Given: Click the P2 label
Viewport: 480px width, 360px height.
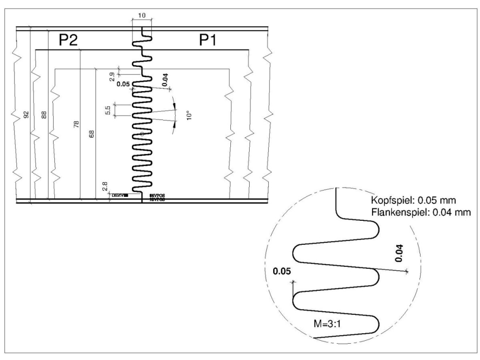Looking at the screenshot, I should tap(69, 41).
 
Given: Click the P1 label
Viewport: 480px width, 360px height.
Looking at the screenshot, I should tap(208, 41).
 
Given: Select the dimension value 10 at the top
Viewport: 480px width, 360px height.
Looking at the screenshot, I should tap(142, 16).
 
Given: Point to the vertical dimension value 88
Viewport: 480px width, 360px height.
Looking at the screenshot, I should tap(44, 115).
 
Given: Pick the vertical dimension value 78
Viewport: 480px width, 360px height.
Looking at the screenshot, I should tap(76, 125).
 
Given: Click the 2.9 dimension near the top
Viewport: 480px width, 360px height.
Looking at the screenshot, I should tap(112, 76).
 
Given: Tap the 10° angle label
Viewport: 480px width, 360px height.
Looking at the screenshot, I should tap(189, 115).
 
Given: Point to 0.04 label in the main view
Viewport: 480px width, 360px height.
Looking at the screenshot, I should tap(165, 80).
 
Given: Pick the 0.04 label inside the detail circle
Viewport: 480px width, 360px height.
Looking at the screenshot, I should tap(400, 253).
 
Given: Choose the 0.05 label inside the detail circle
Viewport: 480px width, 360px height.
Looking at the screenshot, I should tap(282, 272).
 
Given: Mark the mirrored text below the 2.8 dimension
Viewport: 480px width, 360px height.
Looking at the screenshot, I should tap(120, 196).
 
